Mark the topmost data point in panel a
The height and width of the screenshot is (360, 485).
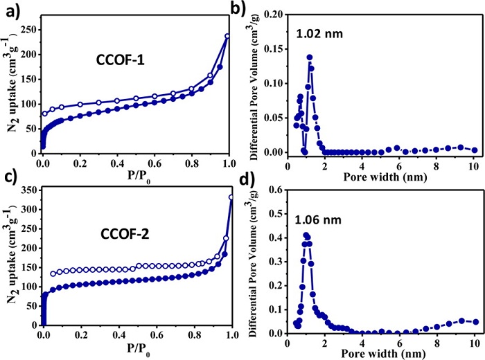click(227, 36)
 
